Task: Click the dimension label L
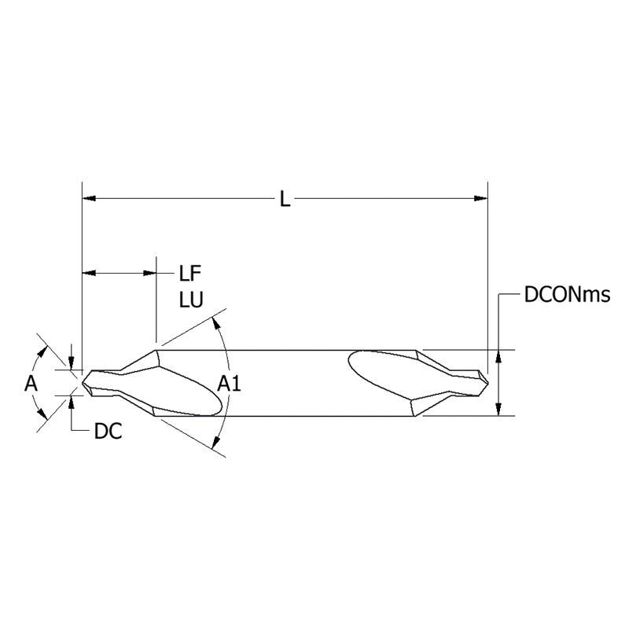285,199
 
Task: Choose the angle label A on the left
31,384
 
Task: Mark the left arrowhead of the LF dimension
89,274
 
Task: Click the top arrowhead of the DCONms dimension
498,355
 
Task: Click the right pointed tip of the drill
489,381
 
